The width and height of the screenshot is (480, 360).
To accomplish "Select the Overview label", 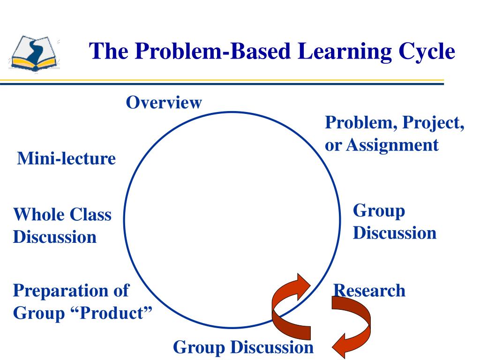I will point(164,102).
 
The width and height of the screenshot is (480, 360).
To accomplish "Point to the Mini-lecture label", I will point(66,158).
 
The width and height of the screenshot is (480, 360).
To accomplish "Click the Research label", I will point(369,291).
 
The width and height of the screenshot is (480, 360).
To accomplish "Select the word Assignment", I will point(393,144).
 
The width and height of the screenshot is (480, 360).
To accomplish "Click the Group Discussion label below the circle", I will point(243,347).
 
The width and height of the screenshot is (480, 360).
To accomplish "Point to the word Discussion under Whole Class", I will point(55,237).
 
